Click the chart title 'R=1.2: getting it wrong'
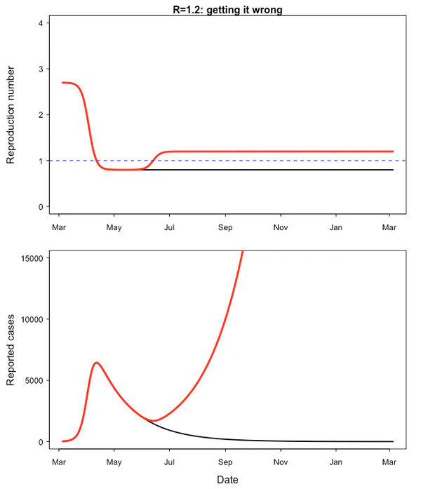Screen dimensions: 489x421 pyautogui.click(x=227, y=10)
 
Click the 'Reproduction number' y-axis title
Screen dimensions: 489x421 pyautogui.click(x=11, y=116)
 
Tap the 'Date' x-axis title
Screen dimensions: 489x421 pyautogui.click(x=227, y=480)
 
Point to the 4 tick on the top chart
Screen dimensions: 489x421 pyautogui.click(x=44, y=23)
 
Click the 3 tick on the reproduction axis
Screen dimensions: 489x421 pyautogui.click(x=44, y=69)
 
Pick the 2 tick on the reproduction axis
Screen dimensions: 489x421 pyautogui.click(x=44, y=114)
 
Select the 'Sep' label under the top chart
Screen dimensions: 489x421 pyautogui.click(x=225, y=227)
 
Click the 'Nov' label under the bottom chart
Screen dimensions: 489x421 pyautogui.click(x=281, y=462)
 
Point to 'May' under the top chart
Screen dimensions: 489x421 pyautogui.click(x=114, y=227)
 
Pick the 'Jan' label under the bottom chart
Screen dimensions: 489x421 pyautogui.click(x=337, y=462)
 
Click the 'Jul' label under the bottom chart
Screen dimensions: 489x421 pyautogui.click(x=169, y=462)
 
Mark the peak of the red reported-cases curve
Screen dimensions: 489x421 pyautogui.click(x=96, y=363)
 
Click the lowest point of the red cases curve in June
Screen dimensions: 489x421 pyautogui.click(x=155, y=421)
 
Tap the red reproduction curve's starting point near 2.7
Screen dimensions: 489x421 pyautogui.click(x=62, y=83)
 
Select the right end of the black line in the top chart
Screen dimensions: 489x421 pyautogui.click(x=393, y=170)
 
